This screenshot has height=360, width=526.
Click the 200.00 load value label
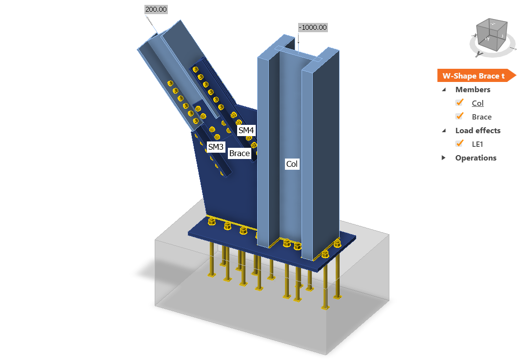point(156,9)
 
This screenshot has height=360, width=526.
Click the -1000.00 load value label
point(313,27)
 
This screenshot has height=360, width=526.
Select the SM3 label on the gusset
point(215,146)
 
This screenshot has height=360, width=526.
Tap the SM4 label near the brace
point(246,130)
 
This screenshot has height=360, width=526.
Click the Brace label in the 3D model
point(239,153)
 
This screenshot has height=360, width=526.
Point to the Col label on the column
point(292,164)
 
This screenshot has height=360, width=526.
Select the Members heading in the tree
point(472,89)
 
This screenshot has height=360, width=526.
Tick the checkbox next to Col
point(459,102)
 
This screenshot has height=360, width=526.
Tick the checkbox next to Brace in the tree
point(459,116)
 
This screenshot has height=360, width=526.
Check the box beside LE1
point(459,143)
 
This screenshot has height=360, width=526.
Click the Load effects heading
point(478,130)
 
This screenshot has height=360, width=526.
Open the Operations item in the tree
point(475,158)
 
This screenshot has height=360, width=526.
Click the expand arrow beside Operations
point(444,158)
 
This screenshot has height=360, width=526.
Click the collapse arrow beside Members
point(444,90)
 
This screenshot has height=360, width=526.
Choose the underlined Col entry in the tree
point(478,103)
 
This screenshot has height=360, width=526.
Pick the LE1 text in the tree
point(478,144)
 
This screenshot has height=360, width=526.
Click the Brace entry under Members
point(482,117)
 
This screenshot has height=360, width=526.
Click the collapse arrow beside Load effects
point(444,131)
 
